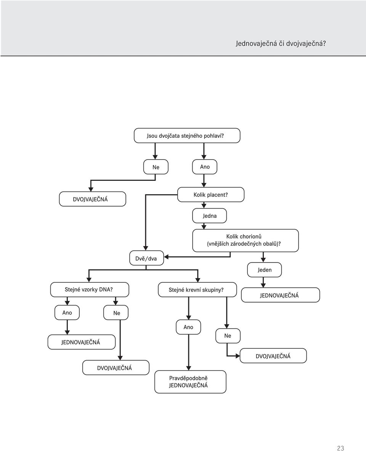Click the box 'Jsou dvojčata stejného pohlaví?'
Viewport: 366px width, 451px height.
pos(187,135)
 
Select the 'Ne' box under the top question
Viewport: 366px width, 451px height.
pos(156,167)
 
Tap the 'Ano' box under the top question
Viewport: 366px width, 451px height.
pos(205,167)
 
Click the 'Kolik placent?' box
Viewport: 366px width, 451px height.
pos(211,195)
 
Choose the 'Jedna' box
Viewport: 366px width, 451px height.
pos(209,216)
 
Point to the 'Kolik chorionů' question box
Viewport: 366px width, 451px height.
pos(246,240)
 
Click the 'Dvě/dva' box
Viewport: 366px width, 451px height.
pos(146,258)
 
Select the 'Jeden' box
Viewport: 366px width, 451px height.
pos(264,270)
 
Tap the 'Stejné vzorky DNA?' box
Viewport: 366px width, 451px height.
pos(90,290)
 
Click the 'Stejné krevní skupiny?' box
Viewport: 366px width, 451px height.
pos(197,290)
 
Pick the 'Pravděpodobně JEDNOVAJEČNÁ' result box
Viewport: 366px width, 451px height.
pos(191,382)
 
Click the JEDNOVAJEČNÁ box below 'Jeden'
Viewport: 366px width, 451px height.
pos(280,295)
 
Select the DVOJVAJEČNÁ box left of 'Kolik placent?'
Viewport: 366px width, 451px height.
pos(93,199)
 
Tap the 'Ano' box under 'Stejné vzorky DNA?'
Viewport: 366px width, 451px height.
pos(67,312)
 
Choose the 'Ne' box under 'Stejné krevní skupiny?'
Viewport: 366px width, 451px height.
pos(228,336)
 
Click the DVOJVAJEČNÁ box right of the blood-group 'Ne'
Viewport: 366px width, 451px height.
pos(273,356)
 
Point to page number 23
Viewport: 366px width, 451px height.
pos(340,448)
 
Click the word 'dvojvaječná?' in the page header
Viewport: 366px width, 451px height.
pos(306,44)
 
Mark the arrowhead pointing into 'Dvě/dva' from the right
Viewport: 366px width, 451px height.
pos(166,257)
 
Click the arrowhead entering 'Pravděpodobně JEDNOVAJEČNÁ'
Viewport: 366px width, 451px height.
pos(188,368)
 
